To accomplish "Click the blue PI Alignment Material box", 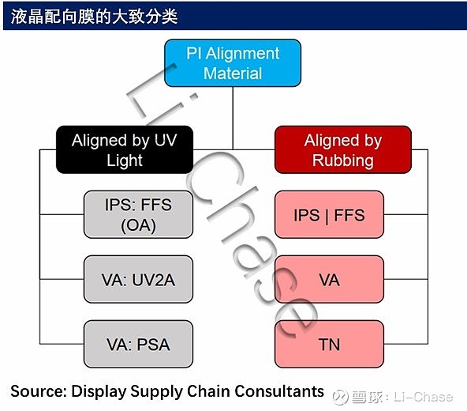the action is pos(233,63).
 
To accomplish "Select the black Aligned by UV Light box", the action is pos(125,149).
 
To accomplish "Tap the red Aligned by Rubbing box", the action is pos(343,149).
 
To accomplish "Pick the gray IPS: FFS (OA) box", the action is pos(138,214).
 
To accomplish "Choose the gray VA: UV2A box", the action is pos(138,279).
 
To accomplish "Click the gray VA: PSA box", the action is pos(138,344).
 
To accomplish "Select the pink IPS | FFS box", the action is pos(329,214).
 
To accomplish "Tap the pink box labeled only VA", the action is pos(329,279).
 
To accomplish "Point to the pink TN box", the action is pos(329,344).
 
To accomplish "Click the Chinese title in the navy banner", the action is pos(94,16).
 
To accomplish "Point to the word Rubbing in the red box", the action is pos(343,160).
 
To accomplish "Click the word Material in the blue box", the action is pos(233,74).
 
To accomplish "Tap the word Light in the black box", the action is pos(125,161).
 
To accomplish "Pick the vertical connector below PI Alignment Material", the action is pos(233,118).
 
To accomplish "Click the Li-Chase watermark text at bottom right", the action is pos(423,397).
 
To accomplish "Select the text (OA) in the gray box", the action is pos(138,225).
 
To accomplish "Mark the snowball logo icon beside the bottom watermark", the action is pos(340,398).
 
